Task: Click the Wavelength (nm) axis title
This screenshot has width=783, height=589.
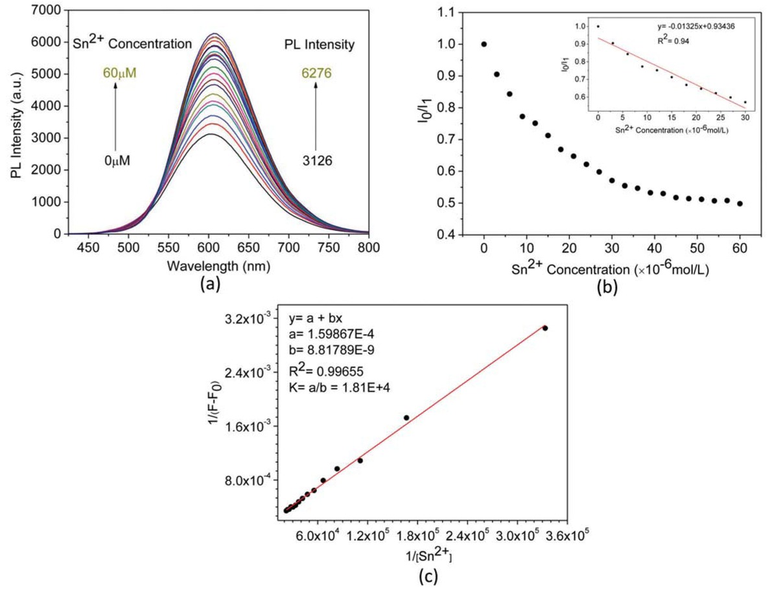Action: (218, 266)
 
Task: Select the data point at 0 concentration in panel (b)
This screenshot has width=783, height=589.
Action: (484, 44)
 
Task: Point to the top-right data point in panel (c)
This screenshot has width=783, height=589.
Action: (544, 328)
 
